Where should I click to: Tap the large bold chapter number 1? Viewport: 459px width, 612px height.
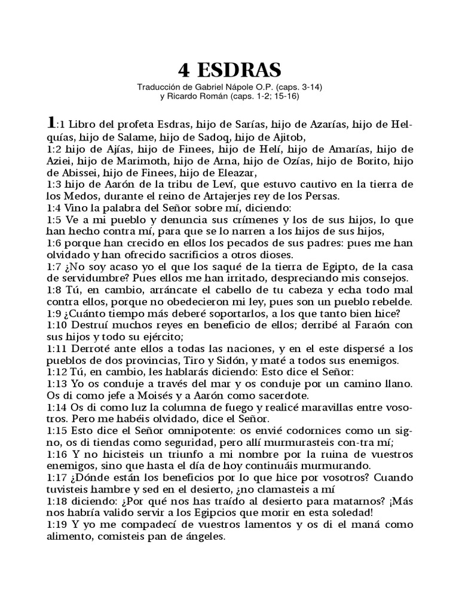coord(51,123)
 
